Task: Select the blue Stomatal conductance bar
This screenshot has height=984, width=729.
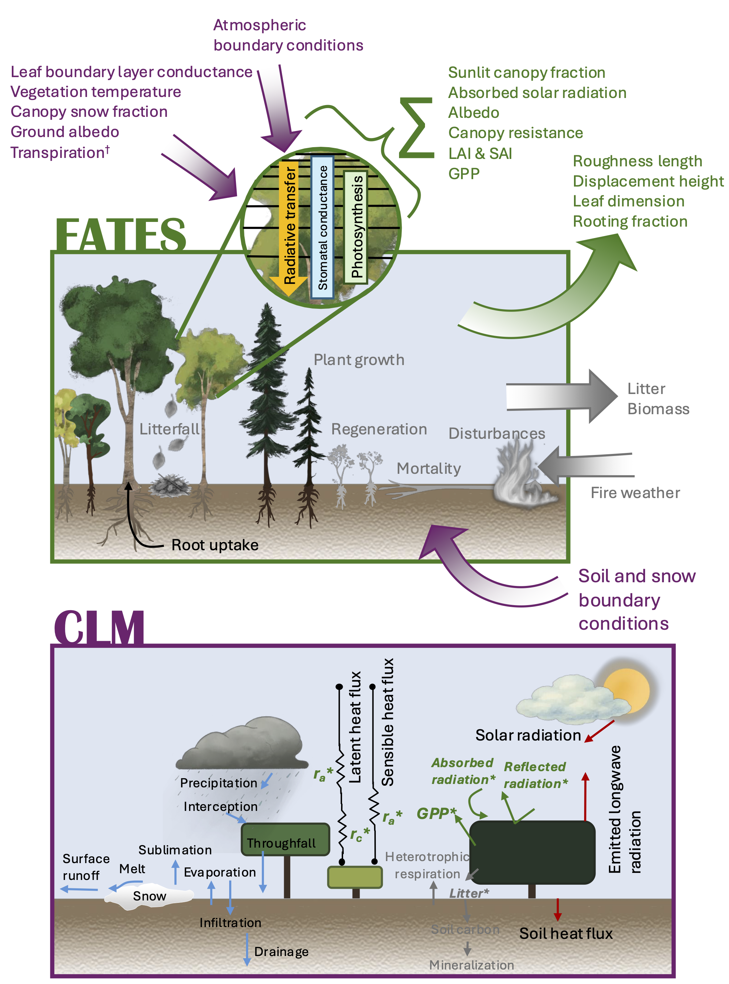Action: (x=322, y=227)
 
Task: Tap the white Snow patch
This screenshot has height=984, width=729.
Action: (x=149, y=896)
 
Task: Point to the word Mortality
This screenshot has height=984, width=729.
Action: (x=428, y=468)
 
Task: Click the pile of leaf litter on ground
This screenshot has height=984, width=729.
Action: (x=170, y=486)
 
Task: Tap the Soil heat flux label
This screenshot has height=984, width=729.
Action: (x=566, y=933)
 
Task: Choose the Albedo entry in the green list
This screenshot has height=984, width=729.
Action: (x=474, y=113)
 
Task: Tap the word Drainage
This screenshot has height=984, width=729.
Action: (x=281, y=951)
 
